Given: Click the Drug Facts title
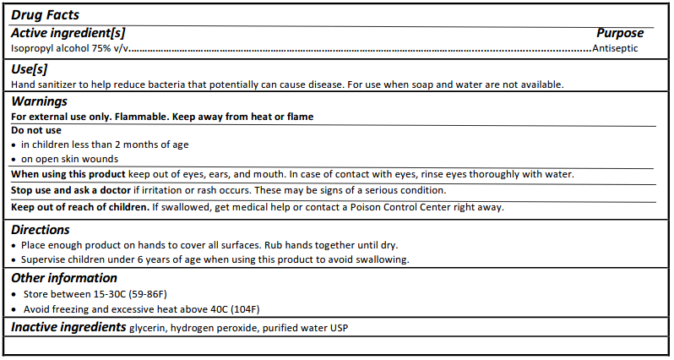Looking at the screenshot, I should click(45, 14).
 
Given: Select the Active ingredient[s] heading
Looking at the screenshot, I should click(68, 33).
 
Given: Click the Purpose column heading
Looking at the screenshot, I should click(620, 33).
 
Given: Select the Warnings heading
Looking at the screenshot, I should click(39, 101).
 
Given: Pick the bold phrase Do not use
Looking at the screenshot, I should click(35, 130).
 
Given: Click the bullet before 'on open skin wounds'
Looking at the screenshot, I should click(14, 159).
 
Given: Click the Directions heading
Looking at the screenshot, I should click(40, 229).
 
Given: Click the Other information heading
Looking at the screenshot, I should click(64, 278).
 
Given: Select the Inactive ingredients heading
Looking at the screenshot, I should click(68, 326).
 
